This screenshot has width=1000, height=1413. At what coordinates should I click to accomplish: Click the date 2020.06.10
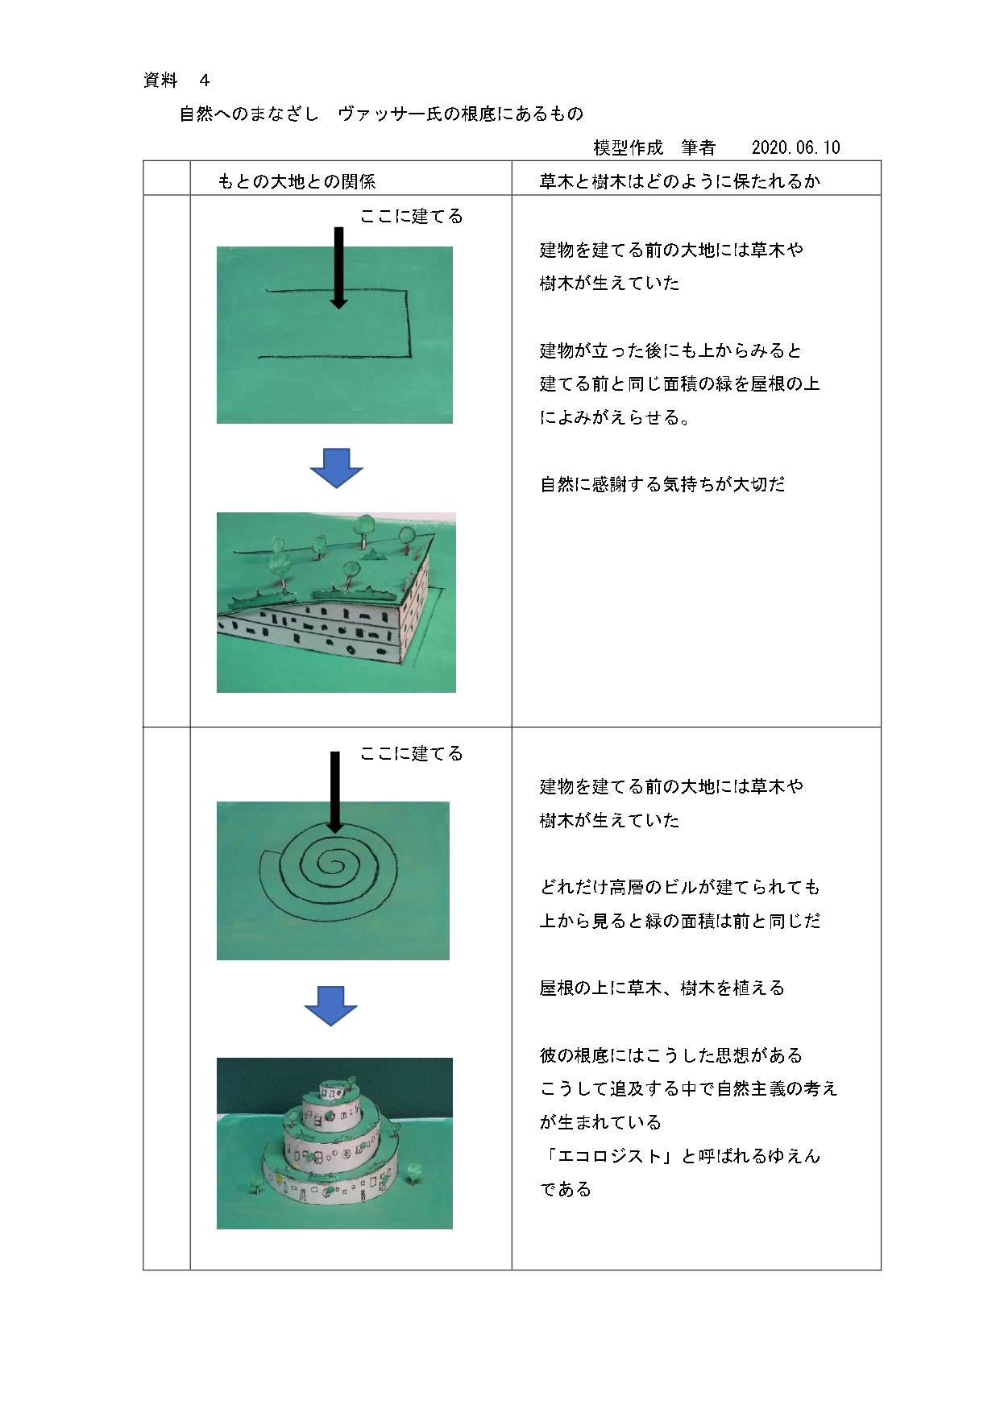point(795,147)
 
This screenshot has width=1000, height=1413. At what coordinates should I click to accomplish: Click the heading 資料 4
point(176,80)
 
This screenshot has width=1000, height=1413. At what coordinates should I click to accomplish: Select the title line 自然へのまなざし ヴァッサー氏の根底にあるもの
point(381,114)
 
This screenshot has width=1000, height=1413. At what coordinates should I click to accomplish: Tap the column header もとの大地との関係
point(297,181)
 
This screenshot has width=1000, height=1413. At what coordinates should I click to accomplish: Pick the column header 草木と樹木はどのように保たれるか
point(679,181)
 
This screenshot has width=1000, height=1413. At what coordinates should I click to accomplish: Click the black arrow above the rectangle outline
point(338,267)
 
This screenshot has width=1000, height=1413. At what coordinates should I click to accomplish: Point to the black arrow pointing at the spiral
point(335,792)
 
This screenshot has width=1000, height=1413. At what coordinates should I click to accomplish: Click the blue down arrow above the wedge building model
point(337,468)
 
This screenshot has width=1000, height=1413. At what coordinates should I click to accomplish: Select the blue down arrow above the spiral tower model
point(331,1005)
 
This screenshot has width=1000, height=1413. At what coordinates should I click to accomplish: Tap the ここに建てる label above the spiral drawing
point(411,753)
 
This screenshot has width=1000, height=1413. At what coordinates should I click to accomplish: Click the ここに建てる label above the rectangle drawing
point(411,216)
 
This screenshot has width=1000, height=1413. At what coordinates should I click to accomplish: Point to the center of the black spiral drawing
point(330,864)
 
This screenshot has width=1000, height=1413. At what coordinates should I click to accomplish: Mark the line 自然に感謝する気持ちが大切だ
point(662,484)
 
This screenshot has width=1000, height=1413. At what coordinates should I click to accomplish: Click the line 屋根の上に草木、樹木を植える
point(662,988)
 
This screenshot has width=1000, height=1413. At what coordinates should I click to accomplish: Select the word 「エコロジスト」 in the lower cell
point(609,1156)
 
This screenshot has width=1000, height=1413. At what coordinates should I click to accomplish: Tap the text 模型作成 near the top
point(628,147)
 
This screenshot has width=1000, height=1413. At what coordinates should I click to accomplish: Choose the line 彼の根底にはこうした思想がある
point(670,1055)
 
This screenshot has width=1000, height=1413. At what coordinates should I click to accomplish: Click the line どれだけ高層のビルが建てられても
point(679,887)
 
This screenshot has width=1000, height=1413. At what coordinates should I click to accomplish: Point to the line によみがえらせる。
point(615,417)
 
